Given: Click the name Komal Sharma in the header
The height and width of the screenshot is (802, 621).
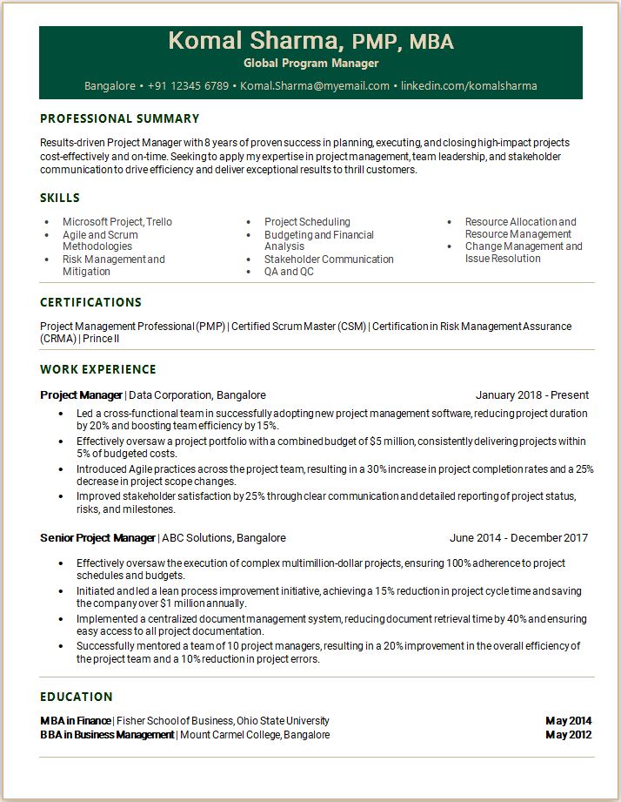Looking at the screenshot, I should [x=252, y=41].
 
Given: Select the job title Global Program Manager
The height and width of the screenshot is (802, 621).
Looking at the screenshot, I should [x=310, y=64].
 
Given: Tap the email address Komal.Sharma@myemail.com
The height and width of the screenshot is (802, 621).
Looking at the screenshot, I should [x=315, y=86].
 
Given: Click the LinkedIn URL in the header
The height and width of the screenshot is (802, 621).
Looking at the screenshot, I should [x=469, y=86].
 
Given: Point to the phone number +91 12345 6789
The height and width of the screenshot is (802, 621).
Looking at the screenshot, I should [x=188, y=86].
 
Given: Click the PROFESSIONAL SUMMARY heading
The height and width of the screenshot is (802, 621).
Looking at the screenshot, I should [x=120, y=118].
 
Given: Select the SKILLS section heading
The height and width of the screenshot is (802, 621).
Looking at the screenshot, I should [x=60, y=198].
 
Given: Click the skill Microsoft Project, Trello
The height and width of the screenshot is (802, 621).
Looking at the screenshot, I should [x=117, y=222].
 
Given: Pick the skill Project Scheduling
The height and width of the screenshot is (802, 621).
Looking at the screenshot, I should [x=307, y=222].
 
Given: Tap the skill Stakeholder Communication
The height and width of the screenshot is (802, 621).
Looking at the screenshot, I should [x=329, y=259].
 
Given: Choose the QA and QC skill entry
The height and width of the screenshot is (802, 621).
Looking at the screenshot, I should [x=289, y=272].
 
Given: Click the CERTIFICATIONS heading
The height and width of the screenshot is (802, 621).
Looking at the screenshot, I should [x=90, y=302].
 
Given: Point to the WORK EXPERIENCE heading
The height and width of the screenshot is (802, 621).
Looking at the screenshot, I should [x=98, y=369].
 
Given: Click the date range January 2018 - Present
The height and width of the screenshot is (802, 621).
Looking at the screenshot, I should [x=531, y=395].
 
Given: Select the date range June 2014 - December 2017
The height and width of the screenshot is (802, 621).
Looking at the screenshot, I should [x=518, y=538].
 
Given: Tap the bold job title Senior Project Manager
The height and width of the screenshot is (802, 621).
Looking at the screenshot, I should [x=97, y=538].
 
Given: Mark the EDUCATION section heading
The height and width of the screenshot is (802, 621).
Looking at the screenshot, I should [x=77, y=697].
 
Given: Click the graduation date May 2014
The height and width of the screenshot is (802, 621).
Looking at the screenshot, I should [x=568, y=721].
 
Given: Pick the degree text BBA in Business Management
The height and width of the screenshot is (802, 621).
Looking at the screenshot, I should [x=107, y=735].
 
